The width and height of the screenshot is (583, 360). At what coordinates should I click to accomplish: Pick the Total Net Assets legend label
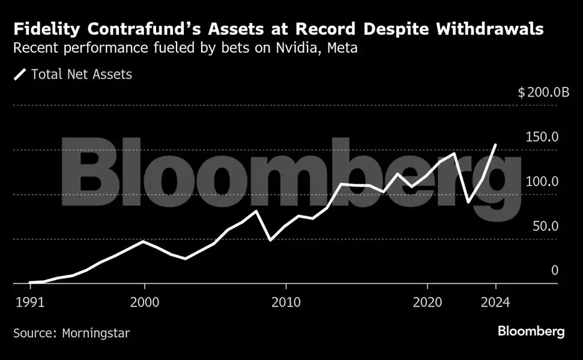coord(81,74)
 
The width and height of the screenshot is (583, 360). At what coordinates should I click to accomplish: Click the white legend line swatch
coord(20,74)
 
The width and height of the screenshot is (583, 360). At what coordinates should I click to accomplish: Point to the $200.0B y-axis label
coord(543,92)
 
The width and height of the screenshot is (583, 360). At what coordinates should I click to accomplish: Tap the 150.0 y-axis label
coord(542,137)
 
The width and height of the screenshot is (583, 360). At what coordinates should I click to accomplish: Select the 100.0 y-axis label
coord(542,182)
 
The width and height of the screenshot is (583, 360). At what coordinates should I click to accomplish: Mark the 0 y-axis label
coord(554,271)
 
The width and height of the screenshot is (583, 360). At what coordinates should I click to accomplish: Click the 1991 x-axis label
coord(29,302)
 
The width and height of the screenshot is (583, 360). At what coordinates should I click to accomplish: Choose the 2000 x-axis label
coord(144,302)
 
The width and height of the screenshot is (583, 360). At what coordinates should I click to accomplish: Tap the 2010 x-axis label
coord(286,302)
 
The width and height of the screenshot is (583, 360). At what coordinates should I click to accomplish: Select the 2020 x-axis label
coord(428,302)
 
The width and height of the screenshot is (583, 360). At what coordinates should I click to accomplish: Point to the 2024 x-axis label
coord(495,302)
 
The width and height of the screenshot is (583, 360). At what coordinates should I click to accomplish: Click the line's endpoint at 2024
coord(495,145)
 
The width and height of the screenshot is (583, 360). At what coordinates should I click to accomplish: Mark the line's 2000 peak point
coord(143,241)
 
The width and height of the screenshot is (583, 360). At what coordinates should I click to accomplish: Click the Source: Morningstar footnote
coord(71,332)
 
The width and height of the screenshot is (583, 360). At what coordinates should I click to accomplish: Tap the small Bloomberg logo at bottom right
coord(531,332)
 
